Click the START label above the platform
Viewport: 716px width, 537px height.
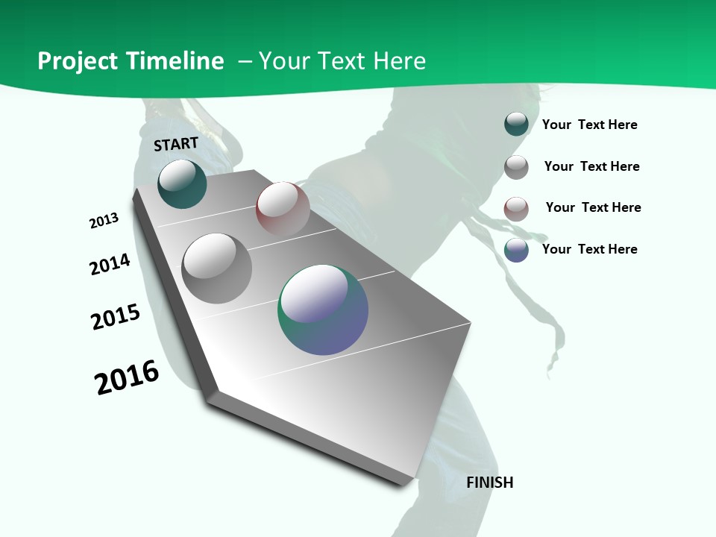point(176,144)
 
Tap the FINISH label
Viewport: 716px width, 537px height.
point(490,483)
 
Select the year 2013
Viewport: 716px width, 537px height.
point(104,221)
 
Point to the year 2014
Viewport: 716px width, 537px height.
point(110,264)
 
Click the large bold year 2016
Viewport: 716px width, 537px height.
point(127,377)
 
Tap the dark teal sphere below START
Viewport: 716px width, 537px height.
point(182,183)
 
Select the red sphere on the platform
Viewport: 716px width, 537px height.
point(283,208)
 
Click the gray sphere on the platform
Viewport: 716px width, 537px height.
point(216,268)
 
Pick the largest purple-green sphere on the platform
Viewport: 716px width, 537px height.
point(323,310)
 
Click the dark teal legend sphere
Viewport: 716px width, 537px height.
point(516,124)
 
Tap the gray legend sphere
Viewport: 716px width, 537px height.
point(516,167)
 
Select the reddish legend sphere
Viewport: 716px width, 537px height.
point(516,209)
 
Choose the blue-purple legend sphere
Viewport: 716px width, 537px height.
point(516,250)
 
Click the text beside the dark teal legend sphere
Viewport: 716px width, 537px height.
point(589,125)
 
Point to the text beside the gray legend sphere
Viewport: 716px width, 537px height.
point(591,166)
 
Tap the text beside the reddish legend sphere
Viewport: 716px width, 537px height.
point(593,207)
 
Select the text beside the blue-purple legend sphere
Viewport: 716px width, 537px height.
point(589,249)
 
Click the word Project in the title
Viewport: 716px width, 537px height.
point(78,61)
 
